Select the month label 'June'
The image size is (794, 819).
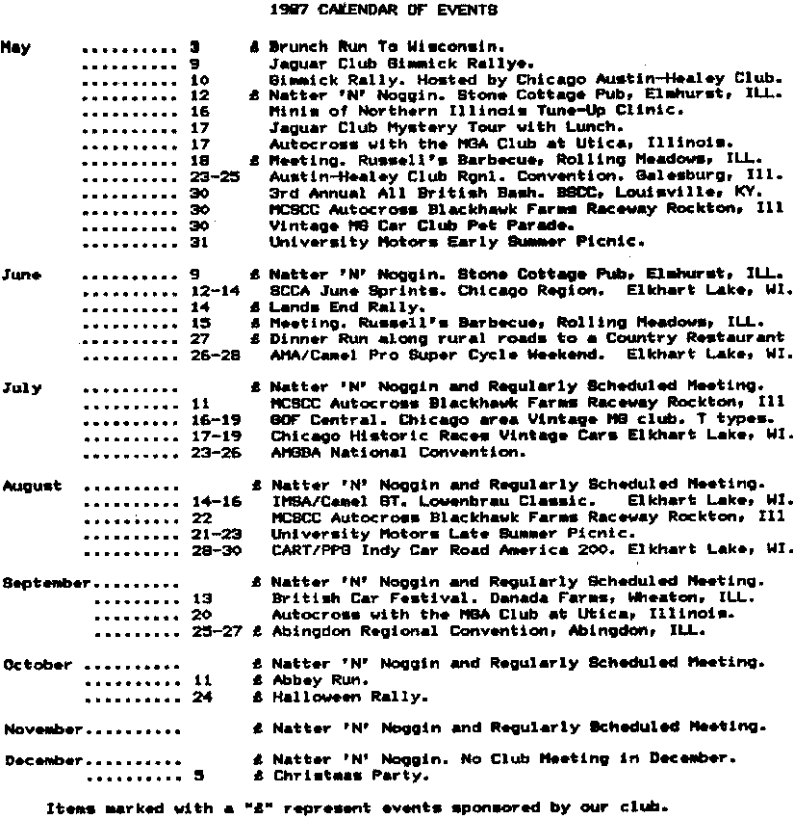tap(21, 275)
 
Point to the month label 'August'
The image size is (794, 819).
tap(32, 486)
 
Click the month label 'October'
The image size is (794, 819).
tap(38, 665)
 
